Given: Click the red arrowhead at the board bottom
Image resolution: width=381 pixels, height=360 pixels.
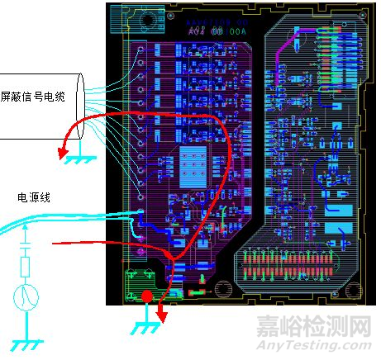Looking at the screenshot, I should pos(163,316).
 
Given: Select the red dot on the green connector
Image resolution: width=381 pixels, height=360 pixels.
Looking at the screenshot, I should pos(146,296).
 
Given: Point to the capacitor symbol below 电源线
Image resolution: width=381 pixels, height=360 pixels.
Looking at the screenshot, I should pos(26,244).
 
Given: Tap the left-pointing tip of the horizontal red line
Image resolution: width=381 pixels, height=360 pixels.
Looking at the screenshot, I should pos(55,244).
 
